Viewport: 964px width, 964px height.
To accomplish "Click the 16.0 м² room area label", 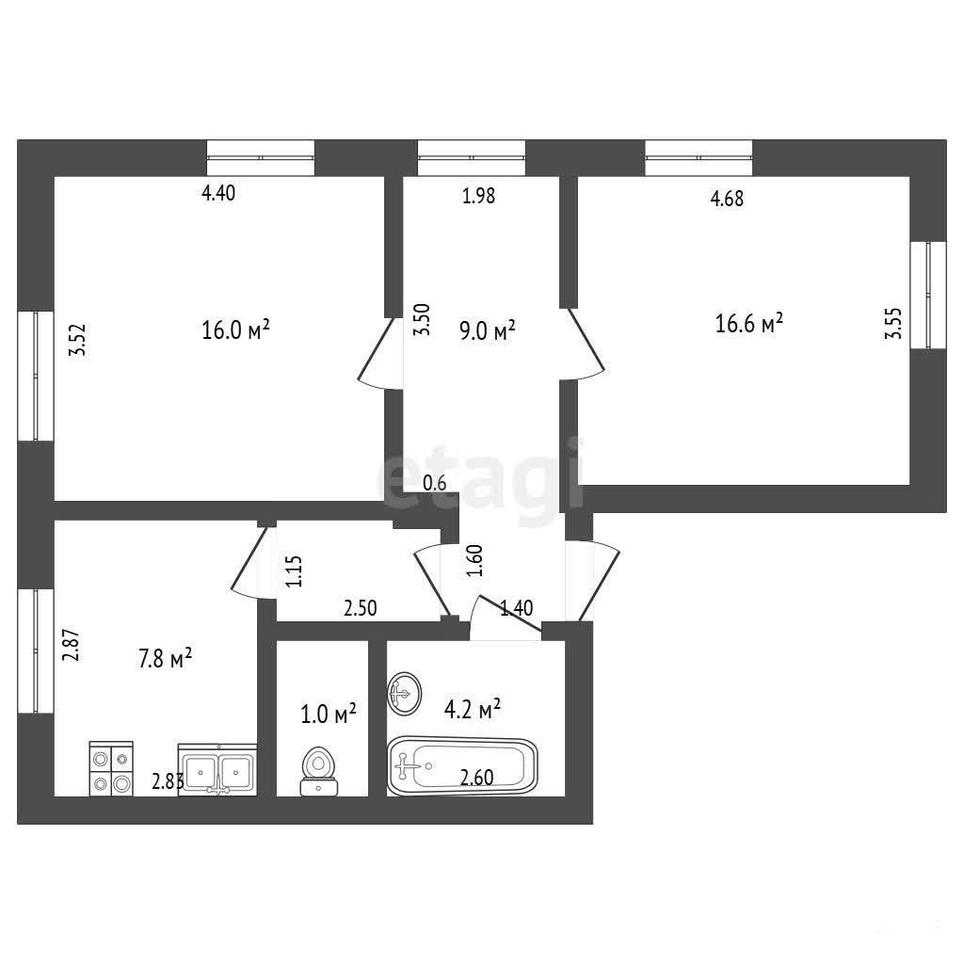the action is (236, 330).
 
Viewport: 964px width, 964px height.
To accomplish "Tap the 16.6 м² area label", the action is (748, 323).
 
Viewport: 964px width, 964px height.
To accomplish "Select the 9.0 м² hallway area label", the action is (488, 330).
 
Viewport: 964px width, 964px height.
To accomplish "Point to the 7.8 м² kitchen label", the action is (166, 658).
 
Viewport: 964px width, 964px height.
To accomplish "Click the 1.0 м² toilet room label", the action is (329, 715).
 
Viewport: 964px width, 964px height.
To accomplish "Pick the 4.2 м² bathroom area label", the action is (473, 709).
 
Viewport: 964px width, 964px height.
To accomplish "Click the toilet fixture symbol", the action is (318, 772).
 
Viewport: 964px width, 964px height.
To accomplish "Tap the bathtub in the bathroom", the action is (462, 766).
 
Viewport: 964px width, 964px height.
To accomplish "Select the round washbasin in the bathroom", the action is (405, 694).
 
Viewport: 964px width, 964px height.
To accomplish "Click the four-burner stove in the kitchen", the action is (111, 768).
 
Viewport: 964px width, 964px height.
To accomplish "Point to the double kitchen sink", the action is (217, 770).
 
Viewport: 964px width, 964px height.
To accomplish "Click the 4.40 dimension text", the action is (218, 193).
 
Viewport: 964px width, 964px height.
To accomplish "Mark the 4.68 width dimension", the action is (727, 199).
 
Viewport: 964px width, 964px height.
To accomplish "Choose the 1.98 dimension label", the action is (478, 196).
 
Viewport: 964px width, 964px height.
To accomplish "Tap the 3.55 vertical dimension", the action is (893, 324).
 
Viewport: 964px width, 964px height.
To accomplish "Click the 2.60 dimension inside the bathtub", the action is (476, 778).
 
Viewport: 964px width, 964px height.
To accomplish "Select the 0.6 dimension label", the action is (435, 483).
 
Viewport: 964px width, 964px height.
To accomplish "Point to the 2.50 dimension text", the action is (360, 608).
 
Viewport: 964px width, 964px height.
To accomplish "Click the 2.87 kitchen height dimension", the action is (72, 644).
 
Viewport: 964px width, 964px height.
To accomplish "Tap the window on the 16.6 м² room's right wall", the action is (928, 295).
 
